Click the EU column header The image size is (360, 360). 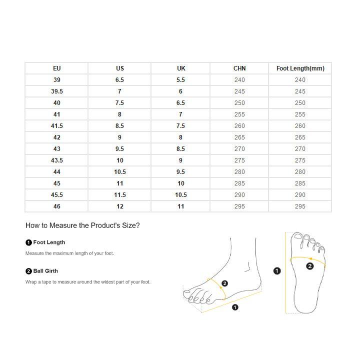coord(56,68)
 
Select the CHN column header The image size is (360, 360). coord(239,68)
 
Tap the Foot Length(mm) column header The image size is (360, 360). coord(300,68)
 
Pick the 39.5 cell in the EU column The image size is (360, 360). coord(56,91)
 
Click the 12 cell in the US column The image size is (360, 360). coord(119,206)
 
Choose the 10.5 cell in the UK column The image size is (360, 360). coord(180,195)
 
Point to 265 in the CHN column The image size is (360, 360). coord(239,137)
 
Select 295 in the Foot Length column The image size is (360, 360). coord(300,206)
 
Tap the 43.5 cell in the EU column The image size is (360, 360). coord(56,160)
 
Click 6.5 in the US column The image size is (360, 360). coord(119,80)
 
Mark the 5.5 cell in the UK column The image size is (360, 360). coord(180,80)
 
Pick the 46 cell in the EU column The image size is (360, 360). coord(56,206)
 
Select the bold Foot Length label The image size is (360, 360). coord(49,242)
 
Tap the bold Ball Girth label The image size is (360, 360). coord(45,271)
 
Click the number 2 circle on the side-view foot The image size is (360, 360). coord(224,283)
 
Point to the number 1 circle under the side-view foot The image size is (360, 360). coord(235,307)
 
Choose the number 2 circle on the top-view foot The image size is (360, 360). coord(309,266)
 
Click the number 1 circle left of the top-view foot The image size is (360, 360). coord(277,271)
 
